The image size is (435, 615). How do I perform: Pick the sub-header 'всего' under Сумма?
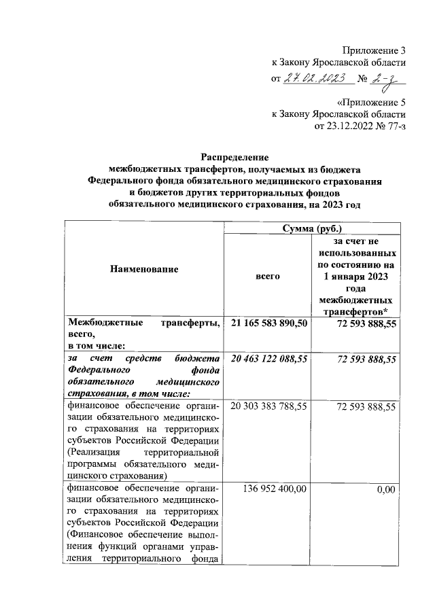click(x=267, y=277)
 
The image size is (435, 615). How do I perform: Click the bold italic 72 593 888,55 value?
click(x=366, y=358)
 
